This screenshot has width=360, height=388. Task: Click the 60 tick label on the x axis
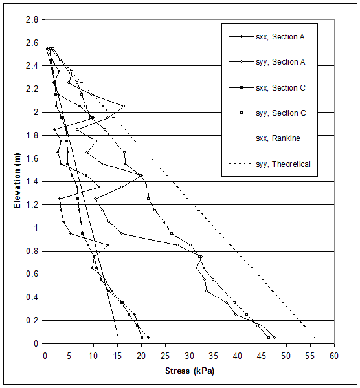(335, 355)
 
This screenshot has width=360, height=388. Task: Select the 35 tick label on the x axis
(214, 355)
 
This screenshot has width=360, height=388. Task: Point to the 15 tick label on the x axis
(117, 355)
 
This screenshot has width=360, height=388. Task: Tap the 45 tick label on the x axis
(262, 355)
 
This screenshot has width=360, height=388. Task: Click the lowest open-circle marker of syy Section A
(274, 338)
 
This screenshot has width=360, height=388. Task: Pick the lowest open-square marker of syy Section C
(269, 338)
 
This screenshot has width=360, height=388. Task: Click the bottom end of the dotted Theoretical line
(315, 338)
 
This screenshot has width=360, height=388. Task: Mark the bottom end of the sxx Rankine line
(118, 337)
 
